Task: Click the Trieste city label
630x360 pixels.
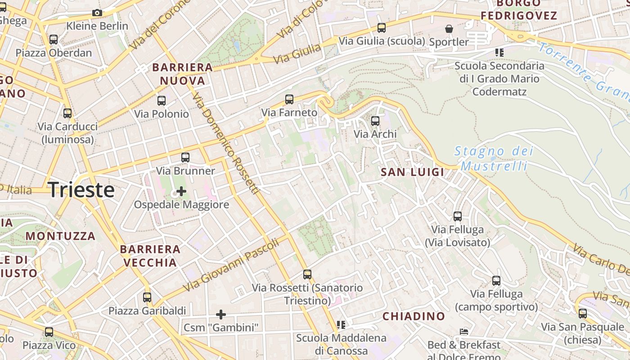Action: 81,190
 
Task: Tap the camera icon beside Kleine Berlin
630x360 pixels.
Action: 97,13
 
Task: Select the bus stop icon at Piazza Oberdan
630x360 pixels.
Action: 54,40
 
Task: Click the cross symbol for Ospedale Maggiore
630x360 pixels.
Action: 181,192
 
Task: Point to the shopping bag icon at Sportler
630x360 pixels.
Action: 449,29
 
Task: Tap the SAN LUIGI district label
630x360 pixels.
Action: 412,172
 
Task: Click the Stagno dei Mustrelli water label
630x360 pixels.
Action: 494,158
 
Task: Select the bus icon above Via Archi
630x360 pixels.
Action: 375,121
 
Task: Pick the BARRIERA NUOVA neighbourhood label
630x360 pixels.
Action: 182,74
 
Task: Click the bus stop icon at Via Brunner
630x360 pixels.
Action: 185,157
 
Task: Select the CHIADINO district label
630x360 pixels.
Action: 414,316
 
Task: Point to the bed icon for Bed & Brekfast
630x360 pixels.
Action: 464,332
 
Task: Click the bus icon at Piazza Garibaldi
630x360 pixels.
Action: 147,297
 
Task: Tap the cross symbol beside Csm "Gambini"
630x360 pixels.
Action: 221,314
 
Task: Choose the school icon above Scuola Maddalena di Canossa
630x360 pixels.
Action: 341,324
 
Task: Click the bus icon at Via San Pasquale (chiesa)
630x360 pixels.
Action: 583,314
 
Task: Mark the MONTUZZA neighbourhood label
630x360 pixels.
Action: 60,236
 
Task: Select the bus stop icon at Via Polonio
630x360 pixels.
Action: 162,101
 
